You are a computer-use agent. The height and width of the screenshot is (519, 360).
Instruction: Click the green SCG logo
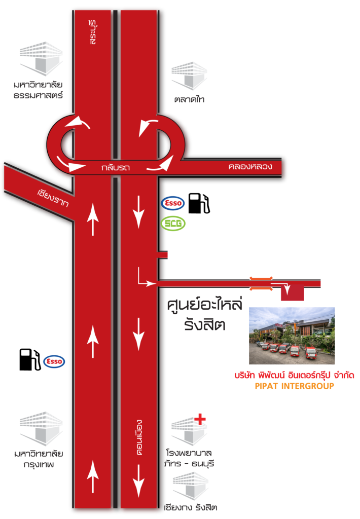173,224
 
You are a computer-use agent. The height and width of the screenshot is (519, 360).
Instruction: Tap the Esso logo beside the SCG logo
173,203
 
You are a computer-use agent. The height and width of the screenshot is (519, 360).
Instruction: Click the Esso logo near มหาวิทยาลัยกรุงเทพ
54,361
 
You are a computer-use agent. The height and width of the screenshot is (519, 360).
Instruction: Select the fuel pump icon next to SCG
199,203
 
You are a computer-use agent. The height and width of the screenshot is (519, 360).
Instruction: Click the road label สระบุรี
92,32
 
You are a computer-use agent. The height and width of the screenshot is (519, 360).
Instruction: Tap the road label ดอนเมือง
139,437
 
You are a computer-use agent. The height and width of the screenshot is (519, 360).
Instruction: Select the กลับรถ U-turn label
116,168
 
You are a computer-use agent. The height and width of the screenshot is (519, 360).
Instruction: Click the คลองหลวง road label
250,166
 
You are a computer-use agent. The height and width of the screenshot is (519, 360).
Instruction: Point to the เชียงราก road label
53,198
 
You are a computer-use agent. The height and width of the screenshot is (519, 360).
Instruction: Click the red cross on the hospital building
200,419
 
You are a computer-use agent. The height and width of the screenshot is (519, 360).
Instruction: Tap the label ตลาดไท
189,99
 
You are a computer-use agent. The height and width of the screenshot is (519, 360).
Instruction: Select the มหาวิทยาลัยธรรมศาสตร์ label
38,90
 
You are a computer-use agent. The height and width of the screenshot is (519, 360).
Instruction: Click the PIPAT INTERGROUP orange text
295,386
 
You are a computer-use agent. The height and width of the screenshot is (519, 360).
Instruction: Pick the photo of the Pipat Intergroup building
292,336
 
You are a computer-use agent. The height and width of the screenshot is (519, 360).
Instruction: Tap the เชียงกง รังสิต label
191,507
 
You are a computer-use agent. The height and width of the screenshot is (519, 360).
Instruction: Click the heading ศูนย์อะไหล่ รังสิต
205,314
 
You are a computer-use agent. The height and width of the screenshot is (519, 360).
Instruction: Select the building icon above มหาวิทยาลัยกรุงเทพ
41,429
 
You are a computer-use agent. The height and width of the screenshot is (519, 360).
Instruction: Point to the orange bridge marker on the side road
261,284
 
